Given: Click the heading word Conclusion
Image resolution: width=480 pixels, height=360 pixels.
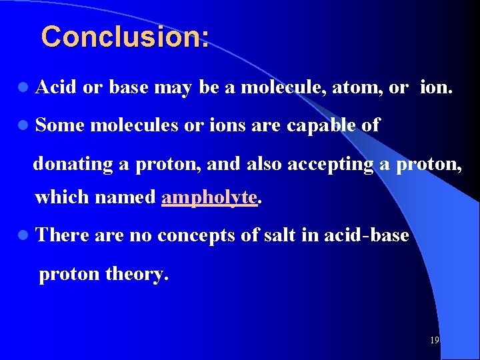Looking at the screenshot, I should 123,37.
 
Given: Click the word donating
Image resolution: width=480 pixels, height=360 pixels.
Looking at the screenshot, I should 73,163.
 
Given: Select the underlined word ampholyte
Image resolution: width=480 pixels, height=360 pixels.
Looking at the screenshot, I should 209,197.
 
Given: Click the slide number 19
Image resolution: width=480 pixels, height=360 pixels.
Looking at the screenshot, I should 434,341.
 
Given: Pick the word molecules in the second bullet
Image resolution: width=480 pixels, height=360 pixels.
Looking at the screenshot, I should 132,125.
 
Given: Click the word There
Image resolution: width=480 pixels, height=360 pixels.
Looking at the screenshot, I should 63,235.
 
